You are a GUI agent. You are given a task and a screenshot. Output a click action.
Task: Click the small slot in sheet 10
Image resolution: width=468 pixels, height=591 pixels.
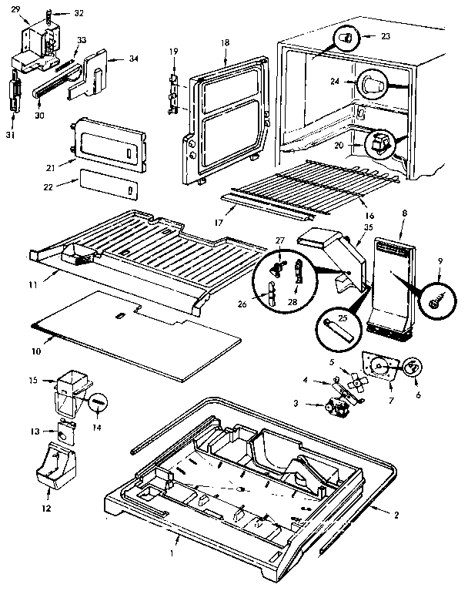point(119,316)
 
